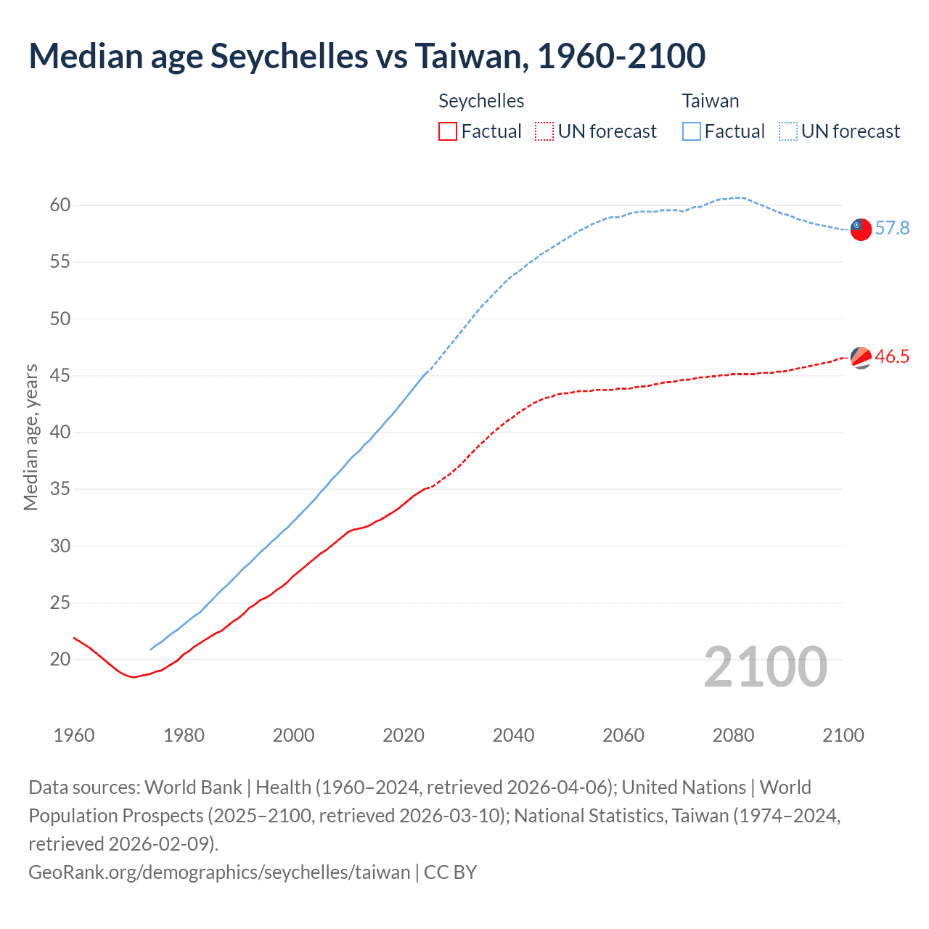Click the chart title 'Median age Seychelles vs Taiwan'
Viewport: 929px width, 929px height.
tap(367, 57)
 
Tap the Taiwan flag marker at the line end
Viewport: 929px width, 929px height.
tap(860, 229)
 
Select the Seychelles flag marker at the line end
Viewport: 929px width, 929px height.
tap(860, 357)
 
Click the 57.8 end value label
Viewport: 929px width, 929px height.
tap(892, 229)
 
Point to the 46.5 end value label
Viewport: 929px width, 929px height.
tap(892, 356)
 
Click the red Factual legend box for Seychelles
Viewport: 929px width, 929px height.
tap(448, 131)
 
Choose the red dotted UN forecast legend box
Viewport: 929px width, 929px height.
tap(544, 131)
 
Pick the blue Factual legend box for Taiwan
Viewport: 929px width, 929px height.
tap(692, 131)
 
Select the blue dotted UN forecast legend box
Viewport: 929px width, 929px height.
tap(788, 131)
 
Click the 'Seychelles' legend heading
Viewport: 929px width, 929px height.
tap(481, 101)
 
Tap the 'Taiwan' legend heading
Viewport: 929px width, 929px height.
tap(710, 101)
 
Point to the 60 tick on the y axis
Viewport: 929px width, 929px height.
tap(60, 205)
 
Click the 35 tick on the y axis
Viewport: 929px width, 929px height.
tap(60, 489)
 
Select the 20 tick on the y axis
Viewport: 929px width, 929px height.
tap(60, 660)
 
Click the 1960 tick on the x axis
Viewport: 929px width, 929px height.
tap(74, 735)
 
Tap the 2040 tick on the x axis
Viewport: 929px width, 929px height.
tap(513, 735)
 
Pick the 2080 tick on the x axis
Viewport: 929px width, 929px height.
tap(733, 735)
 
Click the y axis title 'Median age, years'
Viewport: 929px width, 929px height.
tap(30, 438)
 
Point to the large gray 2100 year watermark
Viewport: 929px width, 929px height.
tap(765, 667)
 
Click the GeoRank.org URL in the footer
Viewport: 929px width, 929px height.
tap(219, 872)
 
